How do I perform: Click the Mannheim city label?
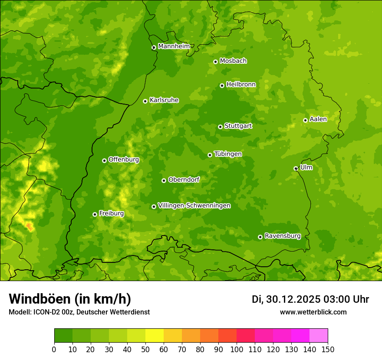pyautogui.click(x=174, y=46)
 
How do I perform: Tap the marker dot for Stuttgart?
pyautogui.click(x=220, y=127)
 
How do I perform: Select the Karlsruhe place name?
pyautogui.click(x=164, y=100)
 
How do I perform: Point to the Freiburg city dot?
pyautogui.click(x=95, y=214)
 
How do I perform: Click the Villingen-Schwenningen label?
pyautogui.click(x=194, y=206)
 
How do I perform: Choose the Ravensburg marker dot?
pyautogui.click(x=260, y=237)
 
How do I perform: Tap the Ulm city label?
pyautogui.click(x=306, y=167)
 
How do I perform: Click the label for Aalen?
pyautogui.click(x=318, y=119)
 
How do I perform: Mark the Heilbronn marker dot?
pyautogui.click(x=222, y=85)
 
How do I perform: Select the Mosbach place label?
pyautogui.click(x=233, y=61)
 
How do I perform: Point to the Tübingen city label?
pyautogui.click(x=227, y=154)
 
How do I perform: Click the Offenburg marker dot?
pyautogui.click(x=104, y=160)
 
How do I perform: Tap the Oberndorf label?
pyautogui.click(x=184, y=180)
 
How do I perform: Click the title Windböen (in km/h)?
pyautogui.click(x=69, y=299)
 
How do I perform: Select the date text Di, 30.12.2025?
pyautogui.click(x=286, y=299)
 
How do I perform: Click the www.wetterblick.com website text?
pyautogui.click(x=313, y=312)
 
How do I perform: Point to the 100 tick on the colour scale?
pyautogui.click(x=237, y=349)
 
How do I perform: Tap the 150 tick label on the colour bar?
pyautogui.click(x=328, y=349)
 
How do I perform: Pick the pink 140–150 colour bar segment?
pyautogui.click(x=319, y=335)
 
